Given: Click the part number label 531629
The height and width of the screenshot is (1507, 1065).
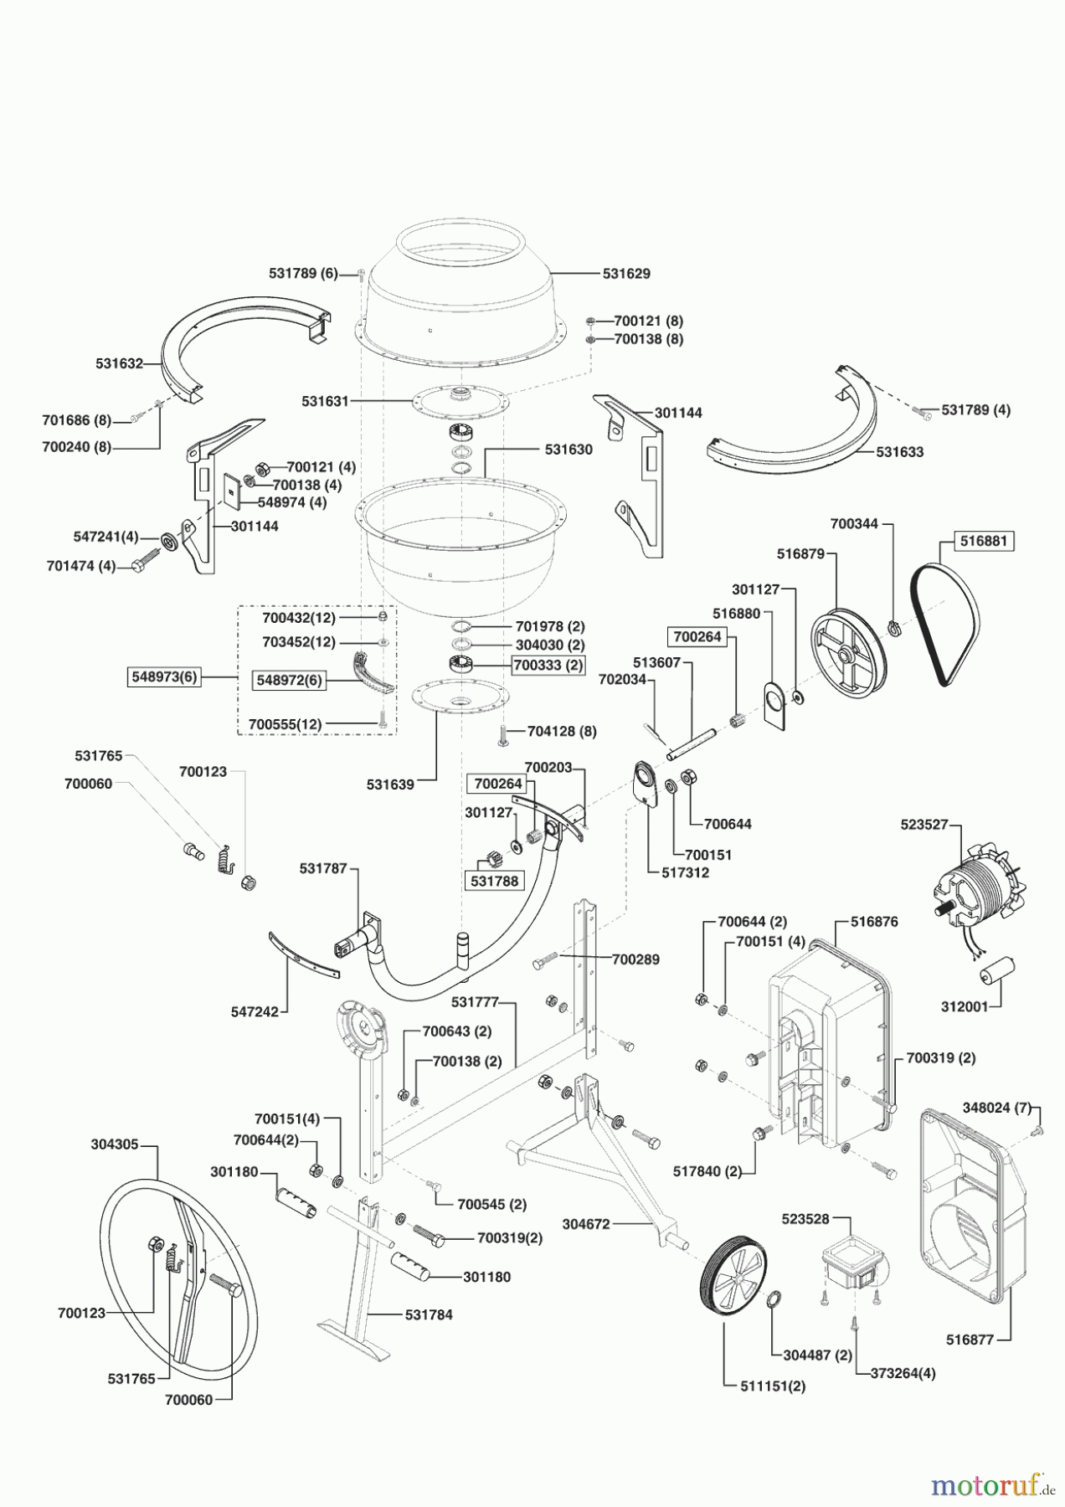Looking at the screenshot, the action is click(x=626, y=274).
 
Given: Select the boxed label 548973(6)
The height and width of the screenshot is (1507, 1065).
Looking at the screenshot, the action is click(x=165, y=676).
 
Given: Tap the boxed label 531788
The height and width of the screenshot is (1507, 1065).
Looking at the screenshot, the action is click(x=494, y=881).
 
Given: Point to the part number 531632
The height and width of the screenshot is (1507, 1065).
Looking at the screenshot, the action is click(x=119, y=363).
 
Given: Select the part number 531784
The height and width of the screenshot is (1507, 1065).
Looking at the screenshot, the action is click(x=429, y=1314).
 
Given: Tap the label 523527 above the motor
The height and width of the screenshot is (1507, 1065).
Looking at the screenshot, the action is click(x=924, y=824).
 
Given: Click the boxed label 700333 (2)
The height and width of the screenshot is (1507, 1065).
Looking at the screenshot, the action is click(x=548, y=665).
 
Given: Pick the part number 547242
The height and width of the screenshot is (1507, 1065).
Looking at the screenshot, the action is click(x=255, y=1011).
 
